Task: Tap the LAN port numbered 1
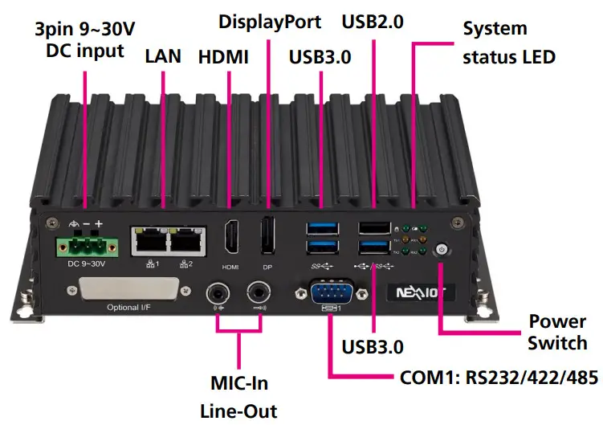(x=150, y=239)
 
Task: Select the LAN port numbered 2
(x=186, y=239)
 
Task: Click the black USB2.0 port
(x=372, y=227)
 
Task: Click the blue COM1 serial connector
(x=329, y=290)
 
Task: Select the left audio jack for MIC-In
(x=218, y=290)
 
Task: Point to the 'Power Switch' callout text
(x=557, y=333)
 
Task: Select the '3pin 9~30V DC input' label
(x=84, y=41)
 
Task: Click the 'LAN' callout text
(x=164, y=57)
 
